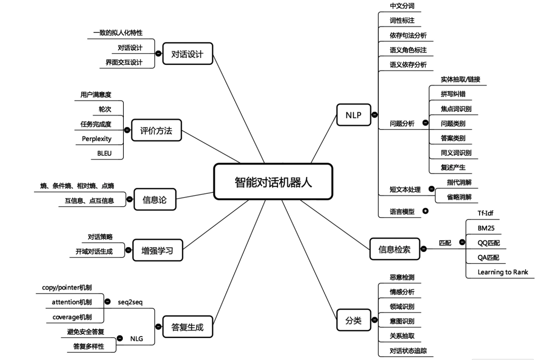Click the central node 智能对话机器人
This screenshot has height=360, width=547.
pos(273,181)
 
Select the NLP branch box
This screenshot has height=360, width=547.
pos(354,114)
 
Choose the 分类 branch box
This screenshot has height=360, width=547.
pos(354,320)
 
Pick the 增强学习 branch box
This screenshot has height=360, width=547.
pos(157,250)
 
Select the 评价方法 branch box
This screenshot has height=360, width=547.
pos(156,130)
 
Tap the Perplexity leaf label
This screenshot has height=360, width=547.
pos(97,138)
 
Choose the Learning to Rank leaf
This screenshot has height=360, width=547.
pos(502,272)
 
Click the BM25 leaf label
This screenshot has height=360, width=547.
pos(486,228)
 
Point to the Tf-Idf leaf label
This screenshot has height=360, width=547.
pos(486,213)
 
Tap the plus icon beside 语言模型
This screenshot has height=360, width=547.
pos(425,211)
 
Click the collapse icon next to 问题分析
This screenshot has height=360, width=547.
pos(425,123)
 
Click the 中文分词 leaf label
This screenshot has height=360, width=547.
pos(402,6)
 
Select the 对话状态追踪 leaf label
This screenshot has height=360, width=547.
pos(409,351)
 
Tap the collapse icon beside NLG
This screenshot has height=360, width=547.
pos(119,339)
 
